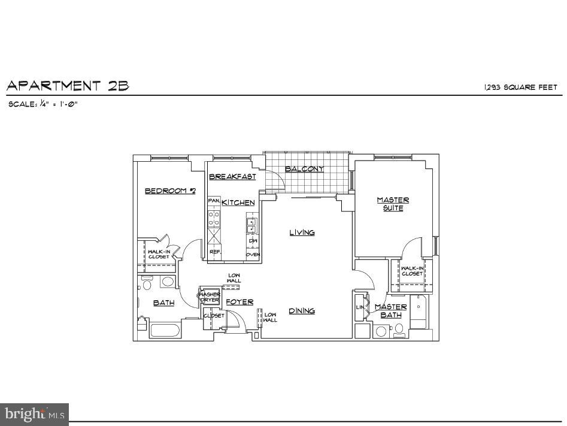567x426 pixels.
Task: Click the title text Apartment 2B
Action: pos(68,86)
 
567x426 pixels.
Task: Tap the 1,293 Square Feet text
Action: pos(520,87)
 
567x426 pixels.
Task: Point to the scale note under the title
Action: pos(43,104)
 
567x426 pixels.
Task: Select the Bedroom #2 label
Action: pos(170,191)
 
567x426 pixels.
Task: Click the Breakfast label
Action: pos(232,177)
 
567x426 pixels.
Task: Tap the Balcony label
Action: pos(304,169)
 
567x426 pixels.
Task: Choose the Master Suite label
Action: pos(393,204)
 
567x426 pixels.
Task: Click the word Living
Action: pos(302,232)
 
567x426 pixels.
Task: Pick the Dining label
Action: pos(302,311)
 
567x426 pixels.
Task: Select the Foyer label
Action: pos(239,302)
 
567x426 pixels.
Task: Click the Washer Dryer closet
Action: pos(210,297)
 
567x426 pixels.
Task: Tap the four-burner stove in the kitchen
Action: pos(214,219)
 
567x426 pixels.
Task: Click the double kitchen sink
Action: pos(251,226)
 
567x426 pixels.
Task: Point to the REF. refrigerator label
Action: pos(214,252)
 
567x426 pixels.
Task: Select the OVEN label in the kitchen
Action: pos(252,255)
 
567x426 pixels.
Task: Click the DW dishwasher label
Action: pos(252,241)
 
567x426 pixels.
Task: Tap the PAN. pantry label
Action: pos(214,201)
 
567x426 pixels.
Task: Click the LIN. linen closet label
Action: pos(360,307)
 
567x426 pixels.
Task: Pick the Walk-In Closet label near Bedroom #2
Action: pos(159,254)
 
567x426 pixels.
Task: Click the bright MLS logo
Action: pos(34,414)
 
